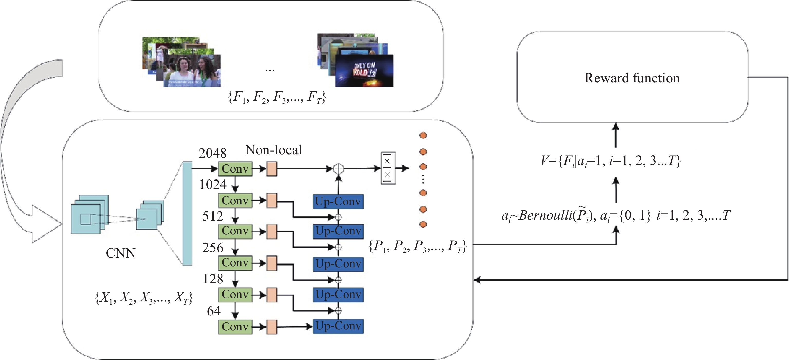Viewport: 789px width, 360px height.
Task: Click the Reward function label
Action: tap(632, 78)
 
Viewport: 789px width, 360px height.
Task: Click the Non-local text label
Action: tap(274, 150)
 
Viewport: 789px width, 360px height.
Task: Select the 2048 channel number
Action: tap(212, 153)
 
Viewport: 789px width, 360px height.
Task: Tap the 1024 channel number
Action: tap(213, 184)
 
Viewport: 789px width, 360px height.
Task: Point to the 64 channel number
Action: tap(214, 311)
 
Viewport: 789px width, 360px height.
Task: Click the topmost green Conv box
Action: tap(235, 169)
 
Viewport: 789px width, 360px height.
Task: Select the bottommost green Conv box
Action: tap(235, 327)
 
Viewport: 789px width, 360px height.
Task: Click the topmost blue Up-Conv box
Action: tap(338, 201)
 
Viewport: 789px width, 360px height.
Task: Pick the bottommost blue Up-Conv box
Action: tap(338, 326)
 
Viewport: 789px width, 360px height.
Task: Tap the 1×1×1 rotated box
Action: tap(388, 168)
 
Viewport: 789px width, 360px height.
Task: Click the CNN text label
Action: tap(120, 253)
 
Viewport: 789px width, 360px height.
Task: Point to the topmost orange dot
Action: tap(423, 135)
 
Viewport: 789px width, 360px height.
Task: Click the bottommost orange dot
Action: tap(423, 224)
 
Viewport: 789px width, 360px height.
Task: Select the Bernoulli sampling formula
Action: tap(616, 215)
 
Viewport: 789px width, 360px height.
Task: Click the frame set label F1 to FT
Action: tap(277, 97)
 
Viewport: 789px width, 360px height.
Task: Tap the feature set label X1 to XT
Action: tap(144, 298)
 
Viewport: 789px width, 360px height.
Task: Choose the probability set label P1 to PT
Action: tap(417, 246)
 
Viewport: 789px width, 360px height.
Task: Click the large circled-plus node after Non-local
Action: tap(338, 168)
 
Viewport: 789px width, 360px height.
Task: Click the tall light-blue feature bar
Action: tap(187, 213)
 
